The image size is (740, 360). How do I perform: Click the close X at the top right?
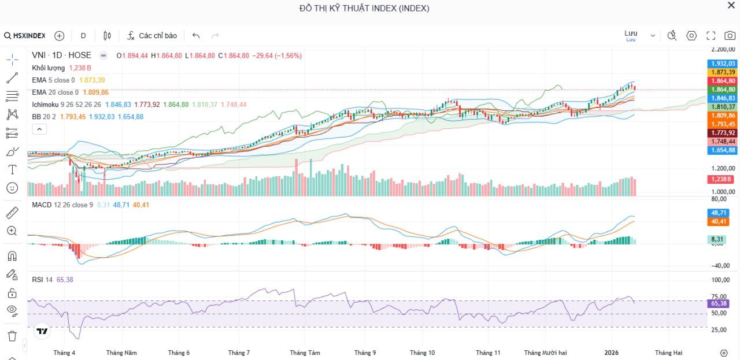(731, 6)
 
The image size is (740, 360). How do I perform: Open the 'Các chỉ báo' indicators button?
(152, 36)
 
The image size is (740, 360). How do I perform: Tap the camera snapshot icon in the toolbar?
(730, 36)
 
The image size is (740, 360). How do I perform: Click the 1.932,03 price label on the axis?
(723, 64)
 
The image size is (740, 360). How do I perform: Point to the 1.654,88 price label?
(723, 150)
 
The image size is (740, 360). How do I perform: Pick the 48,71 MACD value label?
(720, 213)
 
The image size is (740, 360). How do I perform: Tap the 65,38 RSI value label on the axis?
(719, 303)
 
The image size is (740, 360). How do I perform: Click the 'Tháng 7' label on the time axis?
(239, 352)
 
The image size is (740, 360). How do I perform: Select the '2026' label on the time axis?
(612, 352)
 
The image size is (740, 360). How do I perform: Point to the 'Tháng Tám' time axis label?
(305, 352)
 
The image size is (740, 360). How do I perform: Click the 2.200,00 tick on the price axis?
(723, 50)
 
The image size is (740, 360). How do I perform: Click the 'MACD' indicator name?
(42, 205)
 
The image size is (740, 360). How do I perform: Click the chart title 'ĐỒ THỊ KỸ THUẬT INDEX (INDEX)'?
(364, 8)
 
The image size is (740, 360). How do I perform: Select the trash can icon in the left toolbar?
(12, 336)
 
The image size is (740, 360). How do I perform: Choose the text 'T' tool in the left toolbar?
(12, 169)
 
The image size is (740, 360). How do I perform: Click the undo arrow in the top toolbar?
(196, 36)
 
